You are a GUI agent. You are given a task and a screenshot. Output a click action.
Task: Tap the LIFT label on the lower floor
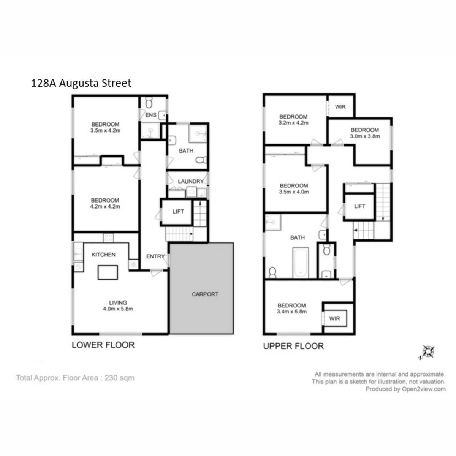coord(178,212)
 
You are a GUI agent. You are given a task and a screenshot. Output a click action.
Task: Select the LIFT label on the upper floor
coord(359,206)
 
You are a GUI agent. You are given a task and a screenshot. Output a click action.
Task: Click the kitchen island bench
coord(108,272)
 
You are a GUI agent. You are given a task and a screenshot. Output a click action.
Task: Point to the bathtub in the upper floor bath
coord(300,263)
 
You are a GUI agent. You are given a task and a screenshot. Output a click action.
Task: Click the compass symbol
coord(428,352)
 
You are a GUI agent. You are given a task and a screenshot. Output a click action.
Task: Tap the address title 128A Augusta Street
coord(81,83)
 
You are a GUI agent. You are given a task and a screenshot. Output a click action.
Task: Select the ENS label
coord(151,115)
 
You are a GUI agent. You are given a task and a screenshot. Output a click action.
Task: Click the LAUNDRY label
coord(191,182)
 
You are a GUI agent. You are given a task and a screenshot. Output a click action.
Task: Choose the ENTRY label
coord(155,256)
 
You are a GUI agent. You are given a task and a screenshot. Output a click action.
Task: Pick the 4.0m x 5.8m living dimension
coord(118,309)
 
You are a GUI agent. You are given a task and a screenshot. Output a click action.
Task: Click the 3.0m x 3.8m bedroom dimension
coord(365,136)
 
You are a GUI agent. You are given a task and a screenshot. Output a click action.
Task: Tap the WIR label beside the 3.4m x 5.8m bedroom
coord(334,318)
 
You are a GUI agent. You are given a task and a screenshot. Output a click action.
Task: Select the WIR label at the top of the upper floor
coord(340,107)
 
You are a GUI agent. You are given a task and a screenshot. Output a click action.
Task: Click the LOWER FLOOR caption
coord(103,345)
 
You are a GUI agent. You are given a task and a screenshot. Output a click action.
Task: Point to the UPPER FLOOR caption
coord(293,346)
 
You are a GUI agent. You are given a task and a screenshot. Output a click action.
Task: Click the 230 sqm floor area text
coord(120,378)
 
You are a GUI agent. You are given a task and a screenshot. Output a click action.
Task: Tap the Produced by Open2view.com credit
coord(405,389)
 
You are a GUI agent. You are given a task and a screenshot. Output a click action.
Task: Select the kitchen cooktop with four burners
coord(108,238)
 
